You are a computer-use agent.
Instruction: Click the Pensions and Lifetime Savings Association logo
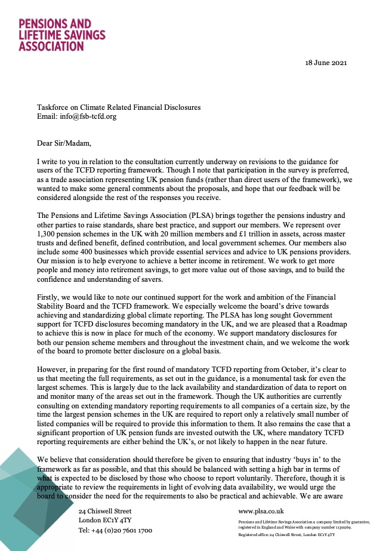coord(62,35)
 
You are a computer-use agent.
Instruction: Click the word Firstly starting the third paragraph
coord(50,297)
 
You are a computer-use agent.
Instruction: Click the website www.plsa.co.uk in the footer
coord(261,512)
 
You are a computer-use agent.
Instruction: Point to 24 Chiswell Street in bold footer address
coord(106,512)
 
